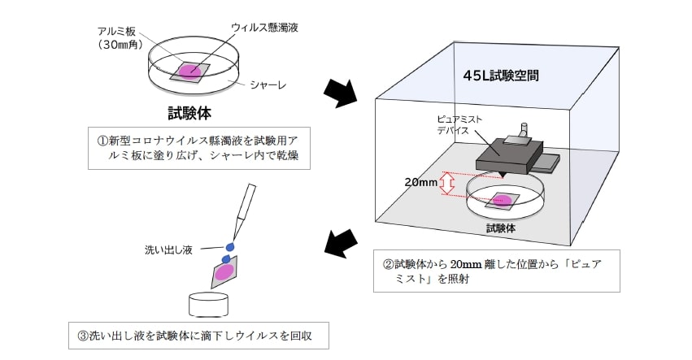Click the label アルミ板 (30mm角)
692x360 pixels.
(x=119, y=37)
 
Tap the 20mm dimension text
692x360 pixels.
(x=421, y=182)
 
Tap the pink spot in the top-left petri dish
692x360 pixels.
(x=189, y=71)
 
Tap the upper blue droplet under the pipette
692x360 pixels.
(x=229, y=245)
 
